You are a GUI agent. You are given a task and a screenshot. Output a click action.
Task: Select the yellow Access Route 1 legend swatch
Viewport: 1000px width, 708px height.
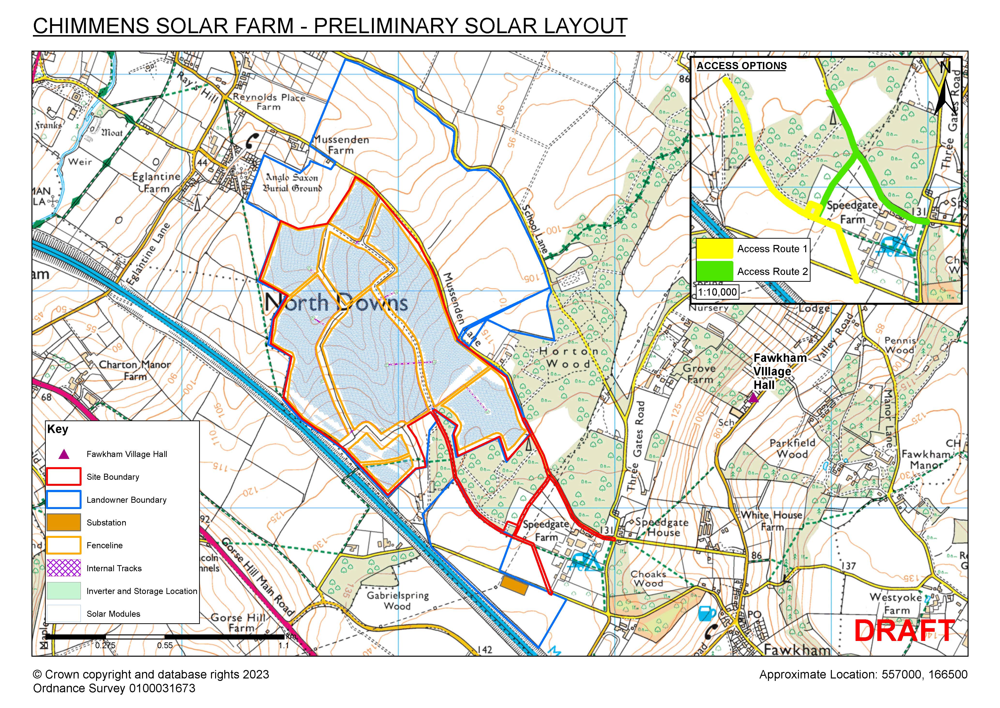click(x=714, y=249)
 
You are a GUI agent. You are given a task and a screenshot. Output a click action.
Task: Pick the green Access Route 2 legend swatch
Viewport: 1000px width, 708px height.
click(x=714, y=271)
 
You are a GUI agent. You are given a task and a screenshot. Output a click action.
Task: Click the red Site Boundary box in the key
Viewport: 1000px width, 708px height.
click(x=64, y=477)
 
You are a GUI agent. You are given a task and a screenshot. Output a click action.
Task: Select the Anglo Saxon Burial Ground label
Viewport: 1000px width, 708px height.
click(x=292, y=183)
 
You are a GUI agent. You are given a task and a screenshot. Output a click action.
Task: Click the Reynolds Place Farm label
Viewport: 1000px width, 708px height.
click(x=269, y=102)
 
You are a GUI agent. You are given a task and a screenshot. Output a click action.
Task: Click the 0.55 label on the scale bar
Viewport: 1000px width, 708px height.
click(x=165, y=646)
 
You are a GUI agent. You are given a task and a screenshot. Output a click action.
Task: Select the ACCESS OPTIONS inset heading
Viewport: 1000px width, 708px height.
click(x=742, y=66)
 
